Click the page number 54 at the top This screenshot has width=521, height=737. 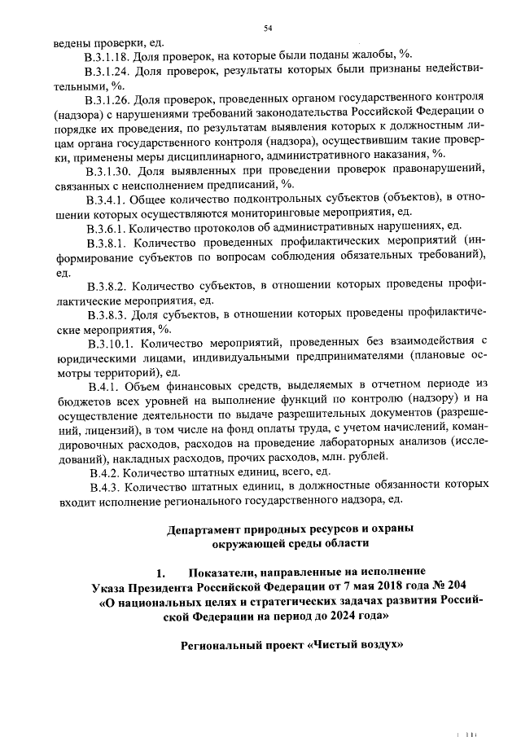(266, 29)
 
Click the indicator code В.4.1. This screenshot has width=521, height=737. (103, 385)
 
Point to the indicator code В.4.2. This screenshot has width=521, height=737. (103, 472)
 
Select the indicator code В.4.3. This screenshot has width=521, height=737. (103, 485)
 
